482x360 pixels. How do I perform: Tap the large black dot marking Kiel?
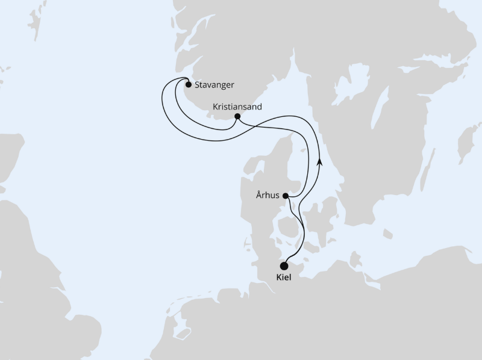[284, 265]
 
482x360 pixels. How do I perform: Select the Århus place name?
[268, 195]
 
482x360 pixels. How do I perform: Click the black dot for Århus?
[286, 195]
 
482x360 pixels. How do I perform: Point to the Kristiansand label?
[237, 106]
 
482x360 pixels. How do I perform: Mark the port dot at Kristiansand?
[237, 116]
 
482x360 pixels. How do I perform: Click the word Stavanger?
[214, 85]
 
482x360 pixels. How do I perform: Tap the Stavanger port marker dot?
[189, 85]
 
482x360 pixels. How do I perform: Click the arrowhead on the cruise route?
[319, 162]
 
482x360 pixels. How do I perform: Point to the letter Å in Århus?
[258, 194]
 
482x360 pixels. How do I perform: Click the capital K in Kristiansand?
[216, 106]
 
